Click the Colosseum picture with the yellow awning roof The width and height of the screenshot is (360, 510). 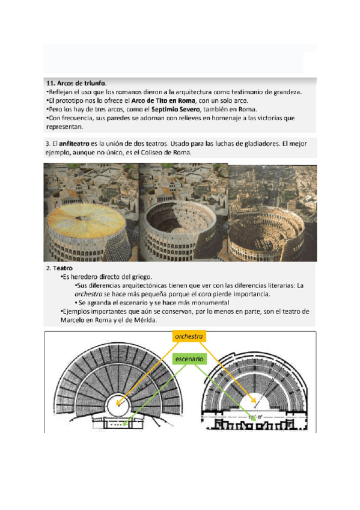(91, 212)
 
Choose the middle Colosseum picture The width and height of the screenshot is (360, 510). (183, 212)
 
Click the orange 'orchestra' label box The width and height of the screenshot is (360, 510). (189, 337)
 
